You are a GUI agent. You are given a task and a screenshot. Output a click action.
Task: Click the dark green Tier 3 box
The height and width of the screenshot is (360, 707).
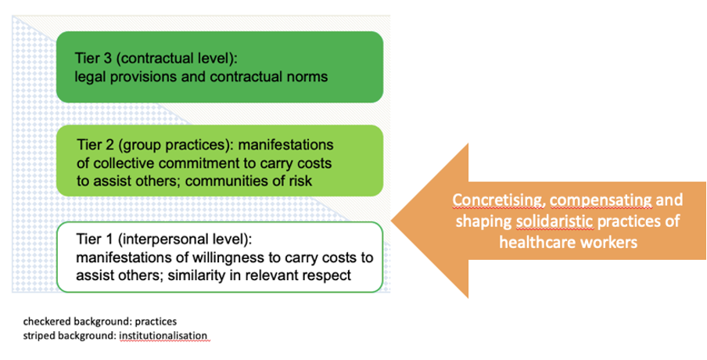[220, 67]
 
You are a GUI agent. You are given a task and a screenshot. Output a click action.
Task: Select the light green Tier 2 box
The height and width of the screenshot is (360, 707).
[220, 160]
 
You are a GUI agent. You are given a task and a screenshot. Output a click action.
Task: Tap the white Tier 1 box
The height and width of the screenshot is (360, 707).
[220, 257]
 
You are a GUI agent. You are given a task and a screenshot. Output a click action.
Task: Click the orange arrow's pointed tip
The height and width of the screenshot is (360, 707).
[391, 221]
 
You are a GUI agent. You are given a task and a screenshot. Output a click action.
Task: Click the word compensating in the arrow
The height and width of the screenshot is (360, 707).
[601, 200]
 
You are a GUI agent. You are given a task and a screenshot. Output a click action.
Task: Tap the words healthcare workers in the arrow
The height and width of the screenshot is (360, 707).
[568, 243]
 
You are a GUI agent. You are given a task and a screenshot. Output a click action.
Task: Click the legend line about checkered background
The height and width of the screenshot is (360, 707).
[100, 322]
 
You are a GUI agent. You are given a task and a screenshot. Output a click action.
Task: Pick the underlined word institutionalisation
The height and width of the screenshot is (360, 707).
[163, 336]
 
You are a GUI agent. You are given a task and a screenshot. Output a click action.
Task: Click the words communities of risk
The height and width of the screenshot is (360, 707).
[249, 181]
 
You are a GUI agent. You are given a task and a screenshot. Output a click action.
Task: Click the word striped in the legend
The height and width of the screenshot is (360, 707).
[37, 336]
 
